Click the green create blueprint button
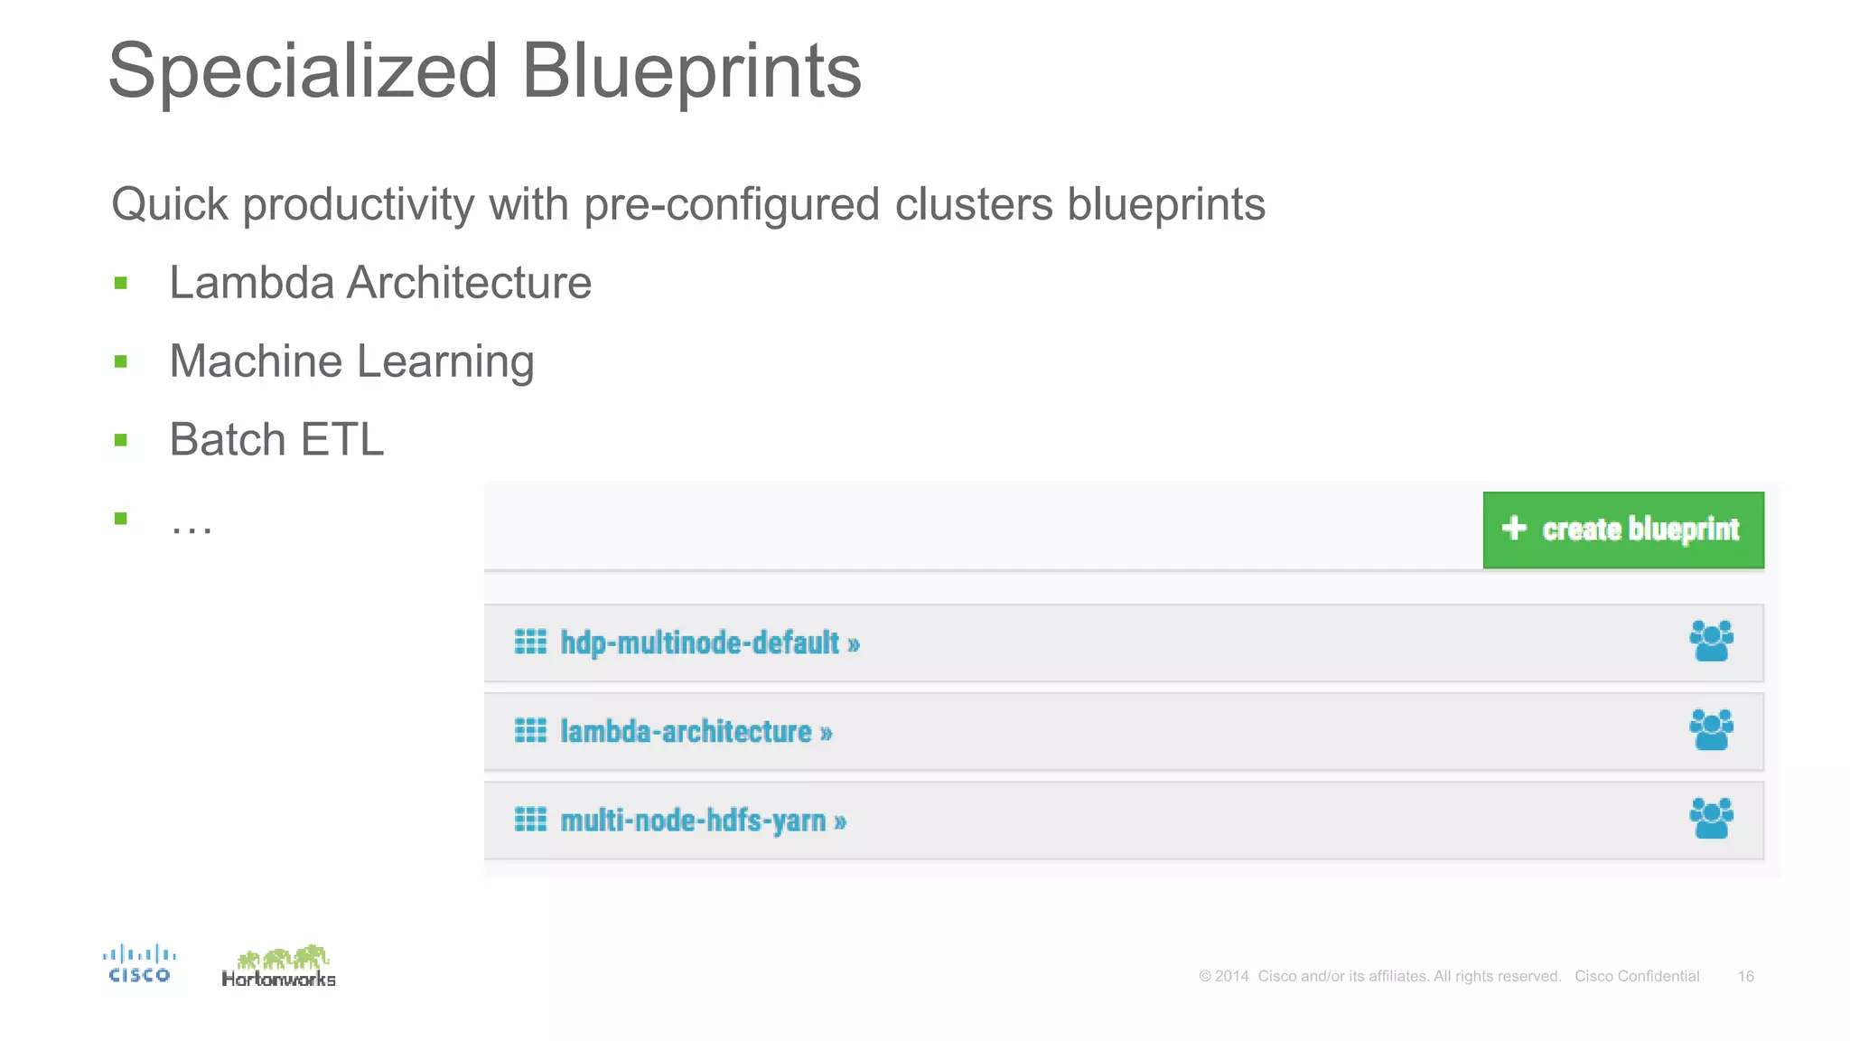(x=1622, y=530)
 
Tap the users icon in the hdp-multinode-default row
(x=1711, y=641)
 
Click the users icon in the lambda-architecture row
(x=1711, y=729)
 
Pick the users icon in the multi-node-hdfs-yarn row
(x=1711, y=818)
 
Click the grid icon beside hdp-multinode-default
(x=530, y=642)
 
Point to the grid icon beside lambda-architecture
(x=530, y=730)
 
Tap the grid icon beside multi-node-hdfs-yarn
(x=530, y=820)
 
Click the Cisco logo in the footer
(x=139, y=963)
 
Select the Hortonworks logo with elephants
(x=279, y=966)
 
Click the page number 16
(x=1745, y=976)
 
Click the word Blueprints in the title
(x=691, y=72)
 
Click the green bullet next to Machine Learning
(x=121, y=362)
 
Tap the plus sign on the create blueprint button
(x=1514, y=528)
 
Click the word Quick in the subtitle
(x=170, y=204)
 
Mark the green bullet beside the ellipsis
(x=121, y=519)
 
